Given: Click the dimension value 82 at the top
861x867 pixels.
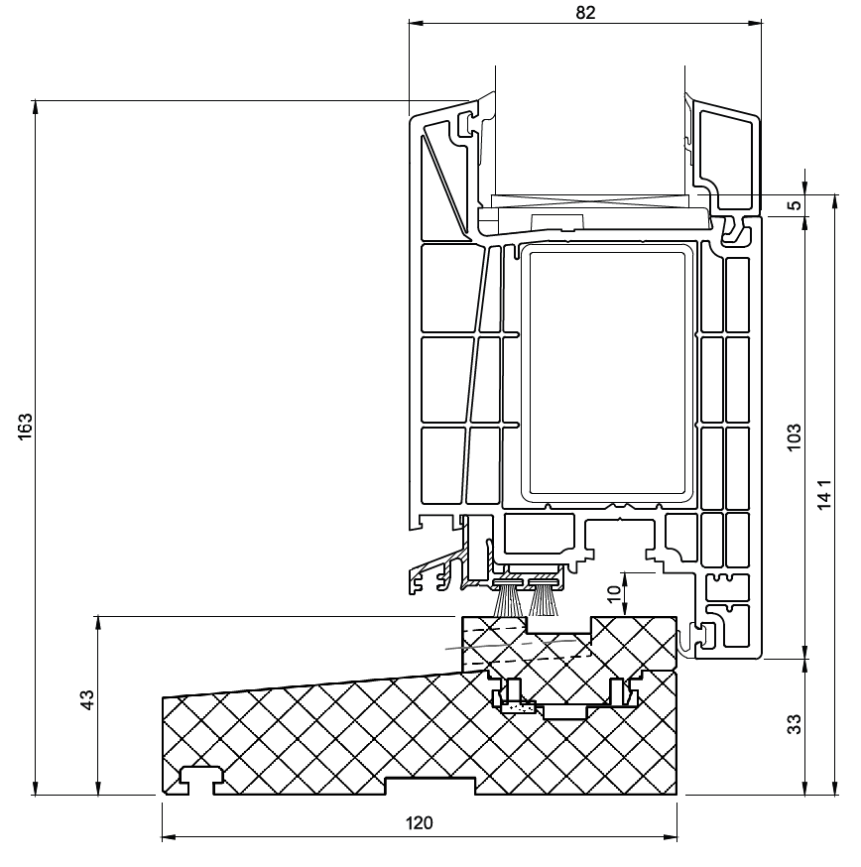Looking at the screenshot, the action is pos(585,12).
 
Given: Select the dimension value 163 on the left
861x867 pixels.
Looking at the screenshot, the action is pos(26,427).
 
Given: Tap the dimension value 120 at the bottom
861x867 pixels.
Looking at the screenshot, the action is pos(420,823).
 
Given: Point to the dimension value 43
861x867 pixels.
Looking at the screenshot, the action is pos(87,699).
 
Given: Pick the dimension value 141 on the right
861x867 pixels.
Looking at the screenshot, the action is pos(824,494).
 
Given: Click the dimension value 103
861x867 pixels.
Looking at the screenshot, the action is pos(795,436).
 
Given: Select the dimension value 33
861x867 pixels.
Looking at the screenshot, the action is pos(795,724).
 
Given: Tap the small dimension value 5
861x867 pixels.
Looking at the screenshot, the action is pos(795,205).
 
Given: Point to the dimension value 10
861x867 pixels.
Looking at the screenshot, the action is pos(614,593).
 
